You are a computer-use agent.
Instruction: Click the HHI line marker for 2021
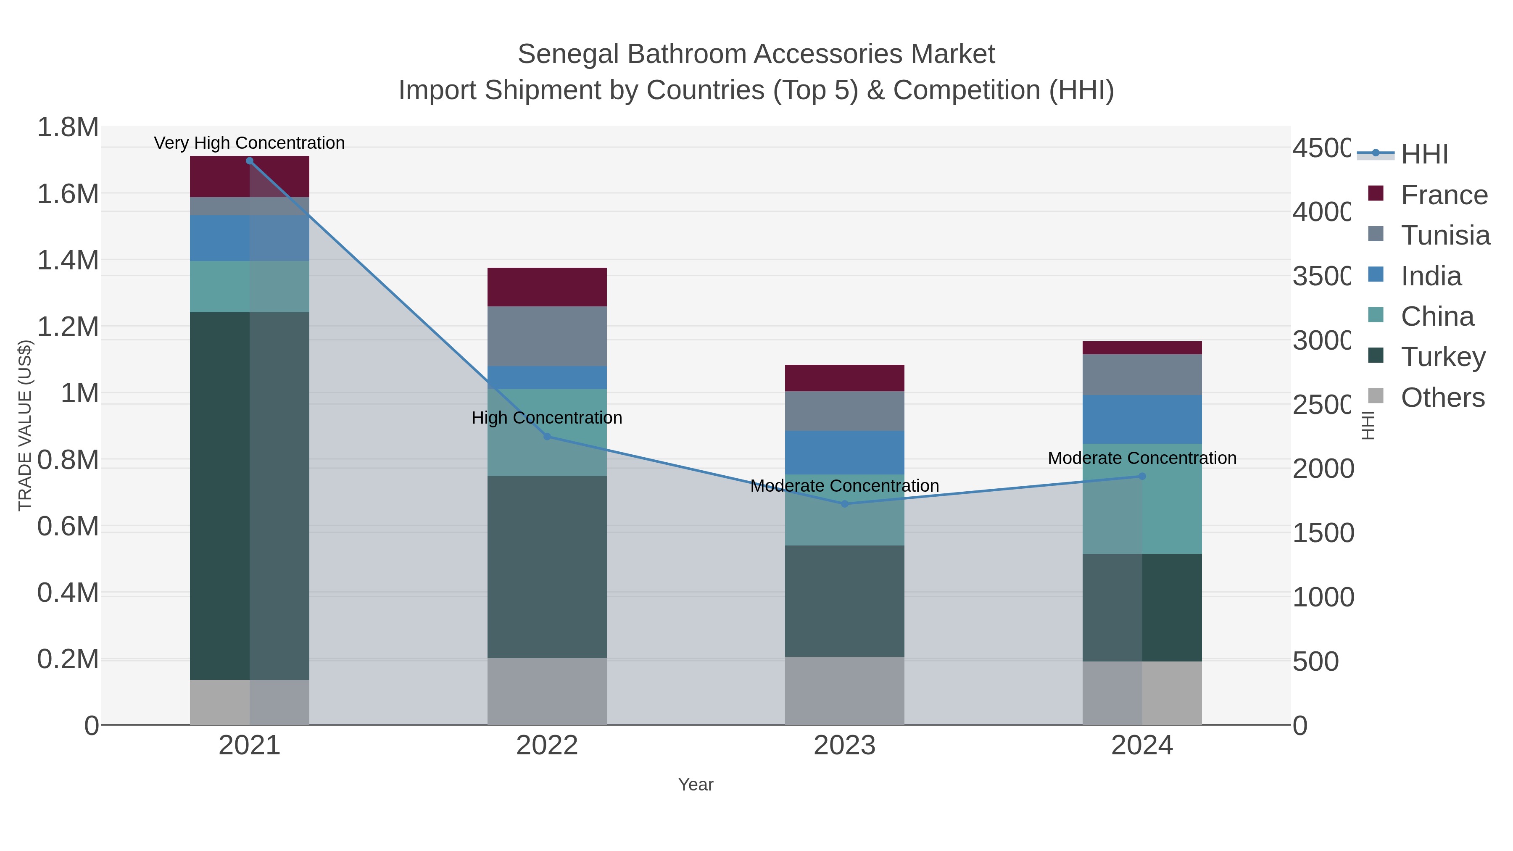(250, 161)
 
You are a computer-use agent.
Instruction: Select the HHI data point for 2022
(547, 436)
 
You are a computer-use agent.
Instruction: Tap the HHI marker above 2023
(845, 504)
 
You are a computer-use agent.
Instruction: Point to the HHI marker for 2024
(1142, 476)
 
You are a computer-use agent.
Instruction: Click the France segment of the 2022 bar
(547, 287)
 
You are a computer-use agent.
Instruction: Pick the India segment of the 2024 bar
(1142, 419)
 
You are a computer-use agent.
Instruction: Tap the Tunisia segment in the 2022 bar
(547, 336)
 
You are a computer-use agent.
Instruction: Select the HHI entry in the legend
(1424, 155)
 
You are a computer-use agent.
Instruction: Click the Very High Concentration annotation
(249, 143)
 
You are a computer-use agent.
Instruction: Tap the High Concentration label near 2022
(547, 418)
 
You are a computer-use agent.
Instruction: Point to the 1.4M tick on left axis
(68, 260)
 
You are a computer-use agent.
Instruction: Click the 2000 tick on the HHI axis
(1323, 469)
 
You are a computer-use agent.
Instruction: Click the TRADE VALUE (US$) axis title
(25, 425)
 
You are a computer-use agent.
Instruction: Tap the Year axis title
(696, 785)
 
